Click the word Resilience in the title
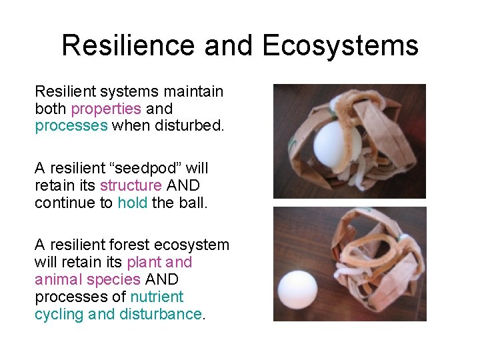coord(128,45)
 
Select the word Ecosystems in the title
coord(341,45)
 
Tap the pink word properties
coord(105,109)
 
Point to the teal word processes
coord(71,126)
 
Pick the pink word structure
coord(131,185)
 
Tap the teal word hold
coord(133,203)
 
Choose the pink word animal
coord(56,279)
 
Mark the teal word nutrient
coord(157,297)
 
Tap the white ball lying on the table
coord(297,290)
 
